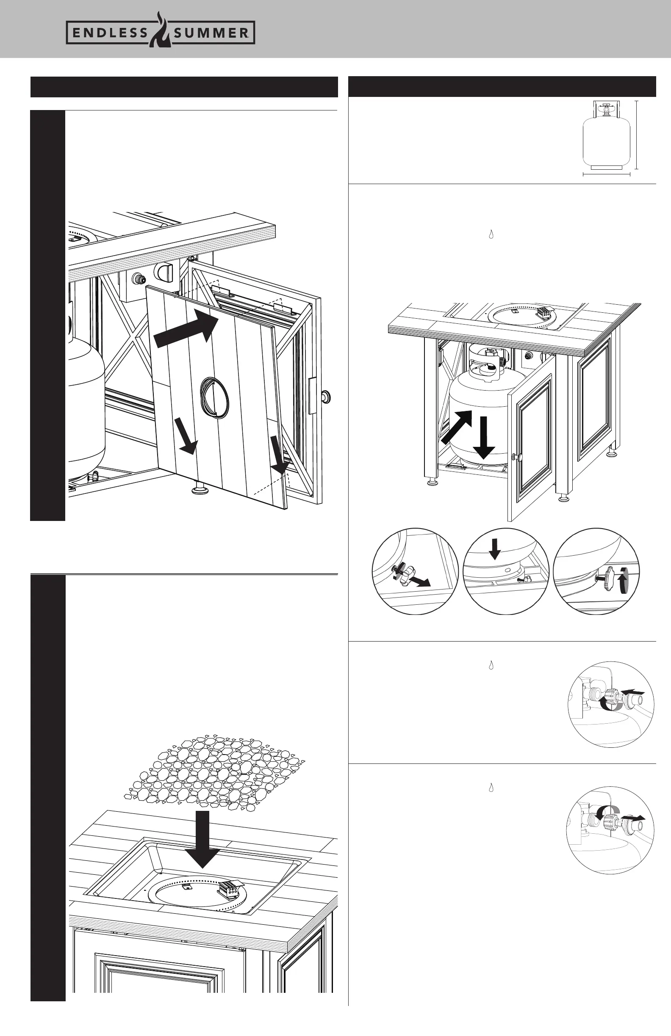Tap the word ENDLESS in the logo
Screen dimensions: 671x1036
tap(109, 33)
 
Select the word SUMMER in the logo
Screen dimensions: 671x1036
tap(211, 33)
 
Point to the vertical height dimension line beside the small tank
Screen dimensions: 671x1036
tap(637, 134)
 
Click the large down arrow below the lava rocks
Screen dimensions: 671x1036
tap(202, 838)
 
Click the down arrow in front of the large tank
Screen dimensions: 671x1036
tap(484, 437)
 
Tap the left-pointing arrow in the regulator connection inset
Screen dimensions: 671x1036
tap(631, 691)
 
